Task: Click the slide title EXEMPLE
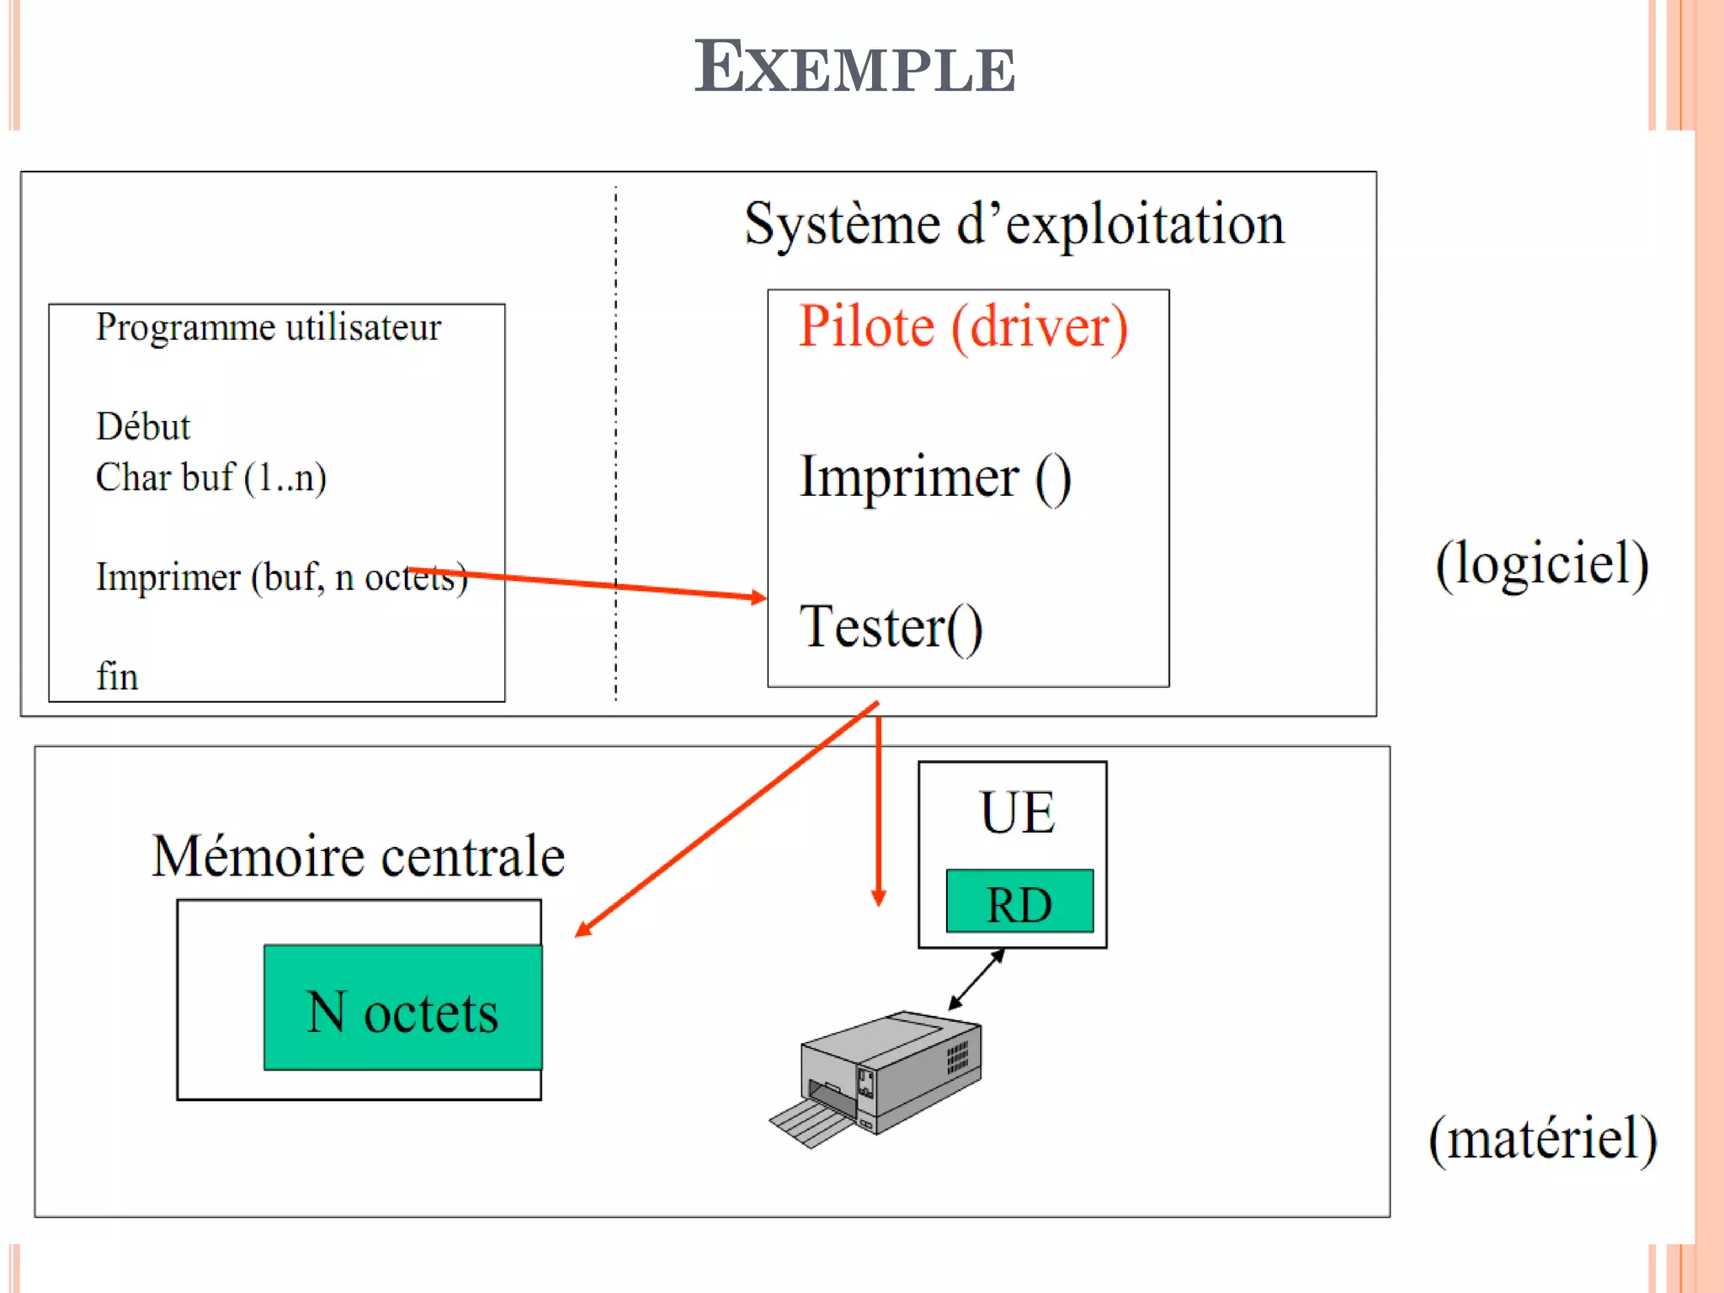[854, 67]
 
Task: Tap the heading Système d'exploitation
[1014, 226]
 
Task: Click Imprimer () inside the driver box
[934, 477]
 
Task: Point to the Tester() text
[891, 627]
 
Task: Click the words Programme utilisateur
[268, 327]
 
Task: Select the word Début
[143, 427]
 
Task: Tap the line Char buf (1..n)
[210, 477]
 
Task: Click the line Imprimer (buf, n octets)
[280, 577]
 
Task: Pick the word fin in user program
[117, 676]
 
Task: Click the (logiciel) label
[1541, 564]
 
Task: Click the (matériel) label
[1542, 1139]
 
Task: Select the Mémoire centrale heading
[358, 856]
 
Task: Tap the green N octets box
[402, 1008]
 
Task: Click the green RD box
[1019, 902]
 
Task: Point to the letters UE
[1017, 813]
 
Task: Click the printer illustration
[880, 1077]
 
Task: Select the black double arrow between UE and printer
[976, 979]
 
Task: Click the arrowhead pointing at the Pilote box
[759, 597]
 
